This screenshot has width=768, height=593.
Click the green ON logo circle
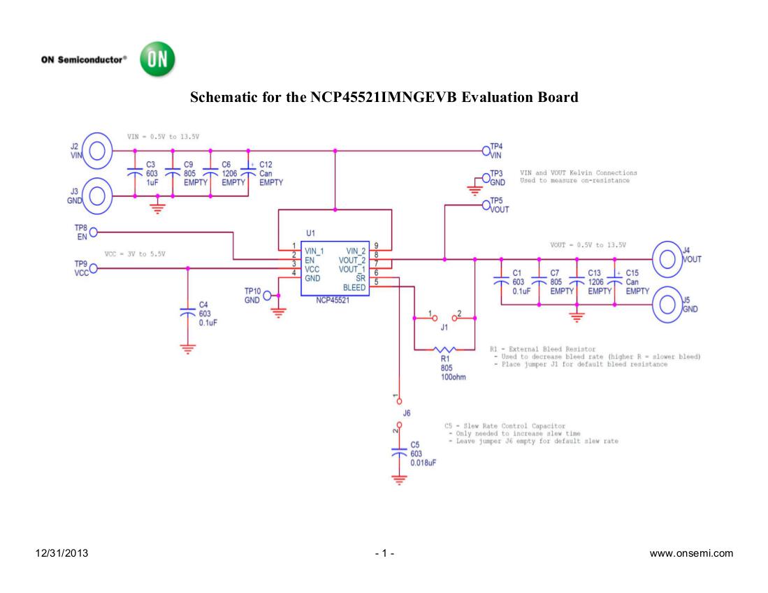[158, 60]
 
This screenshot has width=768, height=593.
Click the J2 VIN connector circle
[98, 150]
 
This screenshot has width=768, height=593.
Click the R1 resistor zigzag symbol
[444, 349]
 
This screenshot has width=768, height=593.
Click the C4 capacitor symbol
[188, 312]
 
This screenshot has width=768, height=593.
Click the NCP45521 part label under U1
[332, 300]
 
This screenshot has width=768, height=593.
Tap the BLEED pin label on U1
[354, 288]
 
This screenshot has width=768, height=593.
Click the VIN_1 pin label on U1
[313, 251]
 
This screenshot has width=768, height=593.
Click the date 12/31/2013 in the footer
[61, 554]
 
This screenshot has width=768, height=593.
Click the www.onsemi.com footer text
[691, 554]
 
